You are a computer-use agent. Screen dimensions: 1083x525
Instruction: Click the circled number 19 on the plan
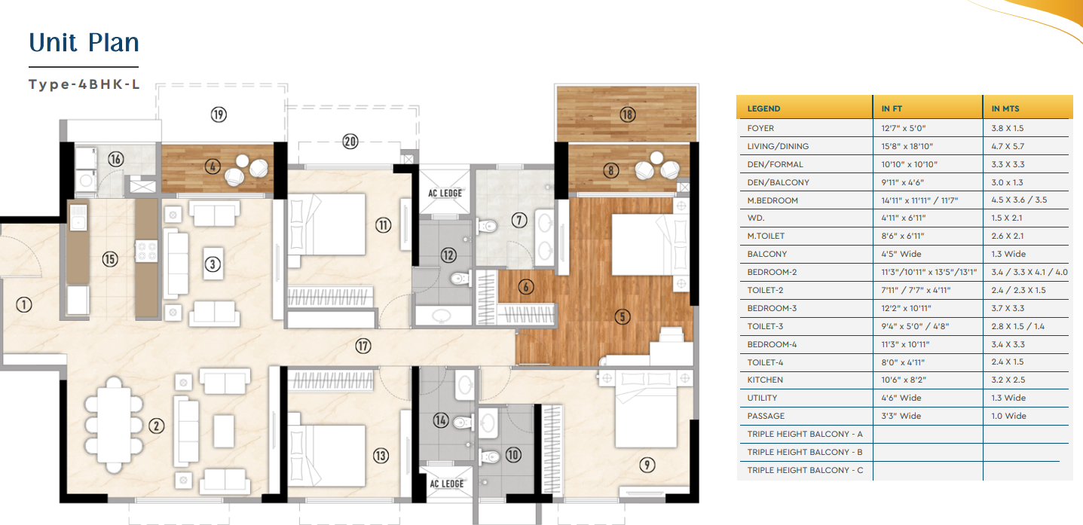[x=219, y=114]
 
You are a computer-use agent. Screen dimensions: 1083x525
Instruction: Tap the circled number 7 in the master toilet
[x=519, y=221]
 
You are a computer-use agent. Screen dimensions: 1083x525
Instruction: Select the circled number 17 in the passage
[x=363, y=346]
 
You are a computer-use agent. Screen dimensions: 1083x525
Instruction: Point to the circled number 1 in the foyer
[x=23, y=304]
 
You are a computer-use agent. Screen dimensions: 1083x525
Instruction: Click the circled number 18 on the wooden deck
[x=627, y=114]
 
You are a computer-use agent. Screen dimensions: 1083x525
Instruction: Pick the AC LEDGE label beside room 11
[x=445, y=193]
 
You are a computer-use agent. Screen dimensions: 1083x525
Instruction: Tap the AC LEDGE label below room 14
[x=446, y=484]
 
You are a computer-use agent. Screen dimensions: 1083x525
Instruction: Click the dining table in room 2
[x=114, y=425]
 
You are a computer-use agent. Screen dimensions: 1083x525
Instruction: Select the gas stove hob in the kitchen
[x=146, y=251]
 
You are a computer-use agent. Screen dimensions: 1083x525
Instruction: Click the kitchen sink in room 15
[x=78, y=217]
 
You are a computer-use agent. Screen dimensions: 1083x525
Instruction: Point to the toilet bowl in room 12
[x=460, y=279]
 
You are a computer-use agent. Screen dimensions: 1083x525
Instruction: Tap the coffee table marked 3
[x=213, y=264]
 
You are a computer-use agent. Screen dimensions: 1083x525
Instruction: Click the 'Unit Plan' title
[x=84, y=42]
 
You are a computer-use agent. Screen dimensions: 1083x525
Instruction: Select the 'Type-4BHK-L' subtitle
[x=84, y=84]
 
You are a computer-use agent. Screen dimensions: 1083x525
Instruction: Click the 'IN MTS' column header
[x=1005, y=108]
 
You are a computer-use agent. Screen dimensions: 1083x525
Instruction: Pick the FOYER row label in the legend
[x=760, y=128]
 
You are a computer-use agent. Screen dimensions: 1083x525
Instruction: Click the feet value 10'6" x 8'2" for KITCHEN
[x=904, y=380]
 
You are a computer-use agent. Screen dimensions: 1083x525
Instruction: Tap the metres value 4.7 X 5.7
[x=1008, y=146]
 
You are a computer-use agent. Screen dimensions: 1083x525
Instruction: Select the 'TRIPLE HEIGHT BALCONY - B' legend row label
[x=805, y=452]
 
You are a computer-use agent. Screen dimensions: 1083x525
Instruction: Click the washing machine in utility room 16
[x=86, y=180]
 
